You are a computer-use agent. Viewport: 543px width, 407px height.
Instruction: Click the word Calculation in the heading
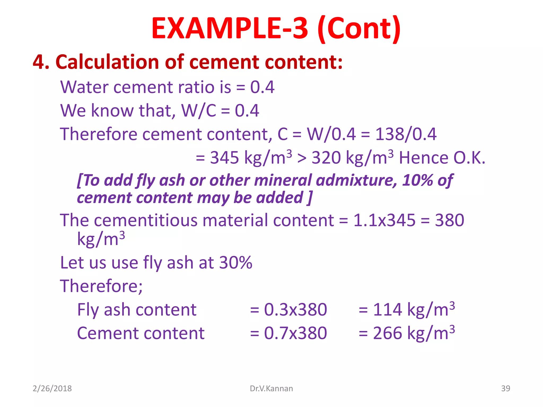tap(107, 62)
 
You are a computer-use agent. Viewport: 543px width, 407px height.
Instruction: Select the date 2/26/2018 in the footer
tap(52, 388)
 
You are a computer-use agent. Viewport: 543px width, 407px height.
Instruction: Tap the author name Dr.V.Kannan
tap(271, 388)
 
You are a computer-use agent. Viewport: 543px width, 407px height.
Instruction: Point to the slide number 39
tap(505, 388)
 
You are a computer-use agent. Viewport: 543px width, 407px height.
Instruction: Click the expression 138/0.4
tap(406, 134)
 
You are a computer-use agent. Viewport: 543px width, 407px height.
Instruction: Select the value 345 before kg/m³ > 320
tap(224, 158)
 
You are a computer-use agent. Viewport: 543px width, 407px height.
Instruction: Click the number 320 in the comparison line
tap(326, 158)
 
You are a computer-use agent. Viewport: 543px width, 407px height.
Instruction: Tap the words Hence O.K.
tap(442, 158)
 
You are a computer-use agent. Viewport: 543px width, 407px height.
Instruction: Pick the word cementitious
tap(146, 220)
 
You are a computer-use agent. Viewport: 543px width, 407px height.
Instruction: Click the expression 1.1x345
tap(384, 220)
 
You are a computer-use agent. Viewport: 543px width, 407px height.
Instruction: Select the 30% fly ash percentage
tap(236, 263)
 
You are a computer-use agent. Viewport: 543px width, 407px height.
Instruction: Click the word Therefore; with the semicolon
tap(101, 286)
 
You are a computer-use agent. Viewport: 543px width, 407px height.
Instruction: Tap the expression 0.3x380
tap(295, 309)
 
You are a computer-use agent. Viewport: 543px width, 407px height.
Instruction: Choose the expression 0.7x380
tap(295, 333)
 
